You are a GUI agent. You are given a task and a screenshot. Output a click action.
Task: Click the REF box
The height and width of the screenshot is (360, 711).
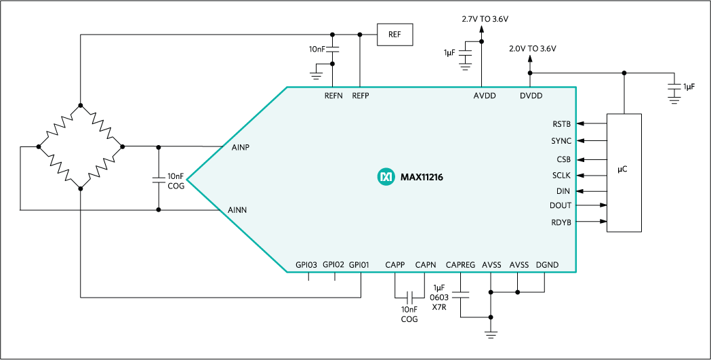click(x=394, y=35)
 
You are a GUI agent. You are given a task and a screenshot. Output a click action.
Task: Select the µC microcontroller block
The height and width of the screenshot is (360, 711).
click(x=623, y=173)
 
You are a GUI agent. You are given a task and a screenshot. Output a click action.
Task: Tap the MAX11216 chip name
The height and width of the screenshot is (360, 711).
click(x=420, y=177)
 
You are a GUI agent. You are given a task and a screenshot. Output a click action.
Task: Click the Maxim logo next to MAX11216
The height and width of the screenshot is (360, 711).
click(x=385, y=177)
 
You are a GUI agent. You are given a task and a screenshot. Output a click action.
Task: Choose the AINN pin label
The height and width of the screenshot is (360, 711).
click(x=242, y=211)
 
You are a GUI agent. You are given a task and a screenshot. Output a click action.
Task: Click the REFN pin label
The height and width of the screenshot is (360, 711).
click(x=334, y=96)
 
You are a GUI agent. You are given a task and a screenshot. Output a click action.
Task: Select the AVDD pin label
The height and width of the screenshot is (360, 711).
click(x=485, y=96)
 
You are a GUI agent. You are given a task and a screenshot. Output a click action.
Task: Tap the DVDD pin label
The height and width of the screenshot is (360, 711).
click(x=531, y=96)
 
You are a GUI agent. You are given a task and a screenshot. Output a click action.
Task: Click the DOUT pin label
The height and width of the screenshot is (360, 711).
click(x=561, y=205)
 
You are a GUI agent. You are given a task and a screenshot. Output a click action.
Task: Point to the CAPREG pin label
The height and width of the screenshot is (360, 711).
click(x=460, y=264)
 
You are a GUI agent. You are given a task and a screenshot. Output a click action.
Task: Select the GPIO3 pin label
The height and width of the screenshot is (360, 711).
click(x=306, y=264)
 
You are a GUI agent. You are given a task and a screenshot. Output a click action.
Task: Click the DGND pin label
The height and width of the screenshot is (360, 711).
click(x=546, y=264)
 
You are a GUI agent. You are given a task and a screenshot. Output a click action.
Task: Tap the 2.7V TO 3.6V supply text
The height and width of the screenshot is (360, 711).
click(x=485, y=19)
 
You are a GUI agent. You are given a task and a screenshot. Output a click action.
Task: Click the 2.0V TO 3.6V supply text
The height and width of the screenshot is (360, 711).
click(x=533, y=49)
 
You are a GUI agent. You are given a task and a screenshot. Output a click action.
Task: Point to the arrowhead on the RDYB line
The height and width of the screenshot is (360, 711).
click(x=602, y=221)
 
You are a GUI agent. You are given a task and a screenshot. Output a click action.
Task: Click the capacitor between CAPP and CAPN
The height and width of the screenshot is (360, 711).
click(x=409, y=298)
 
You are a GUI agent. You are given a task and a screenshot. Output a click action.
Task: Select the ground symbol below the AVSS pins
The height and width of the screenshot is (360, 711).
click(x=490, y=334)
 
